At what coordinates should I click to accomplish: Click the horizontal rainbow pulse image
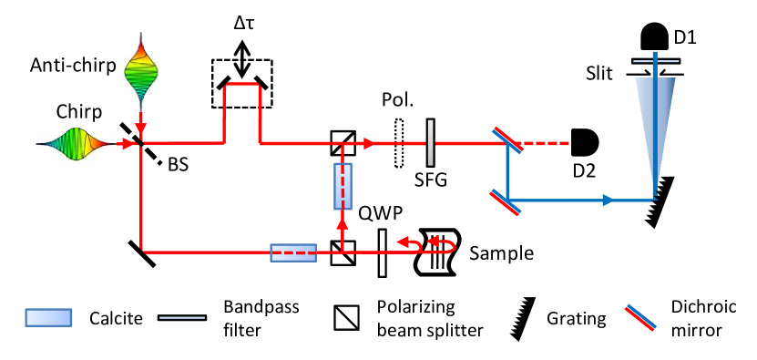pos(76,143)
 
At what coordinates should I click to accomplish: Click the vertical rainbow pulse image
pos(141,71)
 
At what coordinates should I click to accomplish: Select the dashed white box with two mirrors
pos(242,83)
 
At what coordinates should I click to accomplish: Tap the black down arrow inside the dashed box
pos(241,69)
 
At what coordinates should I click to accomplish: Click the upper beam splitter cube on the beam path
pos(343,143)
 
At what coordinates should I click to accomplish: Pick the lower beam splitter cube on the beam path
pos(343,252)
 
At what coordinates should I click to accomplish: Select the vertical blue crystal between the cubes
pos(343,186)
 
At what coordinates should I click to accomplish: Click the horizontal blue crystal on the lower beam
pos(293,252)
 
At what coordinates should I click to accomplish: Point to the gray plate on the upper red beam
pos(430,143)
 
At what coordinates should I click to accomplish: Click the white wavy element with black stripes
pos(438,252)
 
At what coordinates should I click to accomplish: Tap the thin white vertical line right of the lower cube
pos(382,252)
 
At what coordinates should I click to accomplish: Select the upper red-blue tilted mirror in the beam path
pos(507,140)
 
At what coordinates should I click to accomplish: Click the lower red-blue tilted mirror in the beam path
pos(506,202)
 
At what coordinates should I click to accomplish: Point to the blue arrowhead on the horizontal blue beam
pos(608,201)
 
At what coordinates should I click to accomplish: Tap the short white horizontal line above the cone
pos(656,61)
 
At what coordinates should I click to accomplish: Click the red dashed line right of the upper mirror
pos(547,143)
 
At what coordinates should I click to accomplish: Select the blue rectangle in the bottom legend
pos(48,317)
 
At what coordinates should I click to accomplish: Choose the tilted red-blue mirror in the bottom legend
pos(640,318)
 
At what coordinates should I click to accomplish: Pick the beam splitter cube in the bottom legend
pos(346,317)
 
